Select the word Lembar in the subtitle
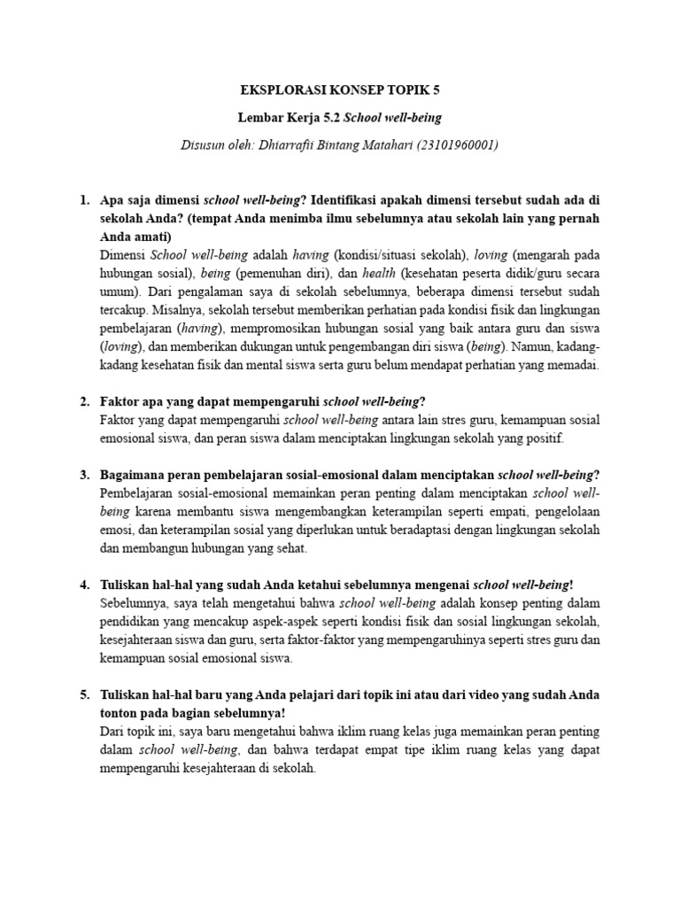coord(259,117)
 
